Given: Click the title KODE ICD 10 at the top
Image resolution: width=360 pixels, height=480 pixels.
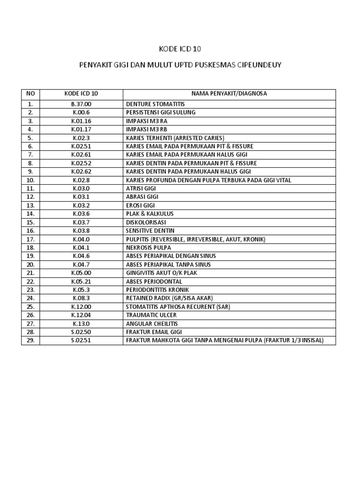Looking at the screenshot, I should pyautogui.click(x=180, y=49).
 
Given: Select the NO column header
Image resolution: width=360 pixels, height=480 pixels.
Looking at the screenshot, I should pyautogui.click(x=30, y=94).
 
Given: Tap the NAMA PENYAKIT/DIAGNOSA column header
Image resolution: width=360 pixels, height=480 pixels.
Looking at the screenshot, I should pyautogui.click(x=229, y=94).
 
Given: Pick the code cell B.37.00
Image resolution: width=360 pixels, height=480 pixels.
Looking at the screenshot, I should pyautogui.click(x=81, y=104).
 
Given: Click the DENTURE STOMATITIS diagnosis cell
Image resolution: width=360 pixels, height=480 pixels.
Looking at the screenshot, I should pyautogui.click(x=155, y=104).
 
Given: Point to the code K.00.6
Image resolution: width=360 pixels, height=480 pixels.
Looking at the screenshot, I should pyautogui.click(x=81, y=112).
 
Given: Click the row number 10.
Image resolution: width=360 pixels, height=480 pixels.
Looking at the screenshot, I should pyautogui.click(x=30, y=180).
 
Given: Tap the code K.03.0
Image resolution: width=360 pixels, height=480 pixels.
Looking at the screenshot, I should pyautogui.click(x=81, y=188).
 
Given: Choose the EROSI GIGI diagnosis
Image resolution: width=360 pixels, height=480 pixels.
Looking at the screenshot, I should pyautogui.click(x=140, y=205).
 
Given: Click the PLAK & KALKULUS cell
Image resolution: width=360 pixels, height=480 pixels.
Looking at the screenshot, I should pyautogui.click(x=146, y=214).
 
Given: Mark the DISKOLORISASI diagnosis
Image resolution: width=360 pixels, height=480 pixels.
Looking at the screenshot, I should pyautogui.click(x=146, y=222).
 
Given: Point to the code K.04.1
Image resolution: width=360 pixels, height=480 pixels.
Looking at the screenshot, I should pyautogui.click(x=81, y=247).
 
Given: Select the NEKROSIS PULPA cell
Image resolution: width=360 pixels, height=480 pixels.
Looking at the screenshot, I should pyautogui.click(x=149, y=247).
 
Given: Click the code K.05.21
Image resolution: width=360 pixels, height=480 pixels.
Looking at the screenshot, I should pyautogui.click(x=81, y=281).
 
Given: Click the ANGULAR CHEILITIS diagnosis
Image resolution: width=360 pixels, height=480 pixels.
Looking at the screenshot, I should pyautogui.click(x=152, y=323).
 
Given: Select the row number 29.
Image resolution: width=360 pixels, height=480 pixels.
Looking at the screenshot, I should pyautogui.click(x=30, y=340).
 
